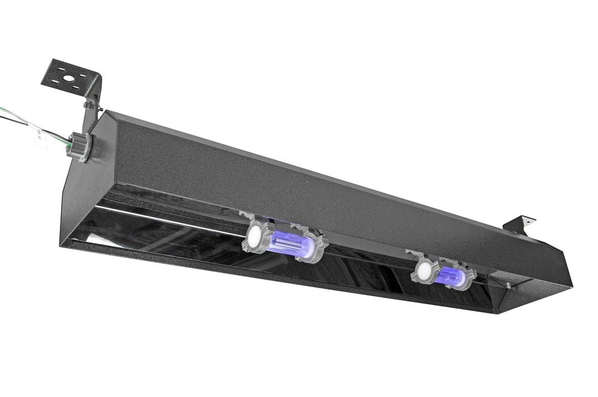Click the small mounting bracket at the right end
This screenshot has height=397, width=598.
518,224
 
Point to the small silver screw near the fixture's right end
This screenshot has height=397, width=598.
509,285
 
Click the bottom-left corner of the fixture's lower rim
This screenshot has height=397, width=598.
61,244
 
